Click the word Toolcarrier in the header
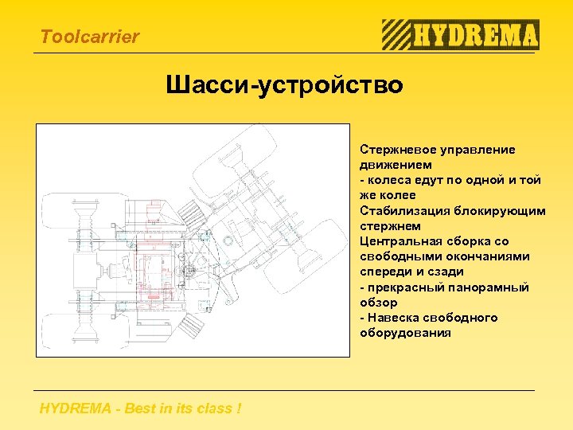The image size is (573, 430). (89, 37)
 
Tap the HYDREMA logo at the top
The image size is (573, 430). (460, 35)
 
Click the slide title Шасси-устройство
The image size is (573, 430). (285, 84)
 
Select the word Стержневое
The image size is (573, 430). (392, 150)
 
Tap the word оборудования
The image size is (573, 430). (405, 333)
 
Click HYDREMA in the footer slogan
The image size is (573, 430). (74, 409)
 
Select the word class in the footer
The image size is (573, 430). (212, 409)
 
